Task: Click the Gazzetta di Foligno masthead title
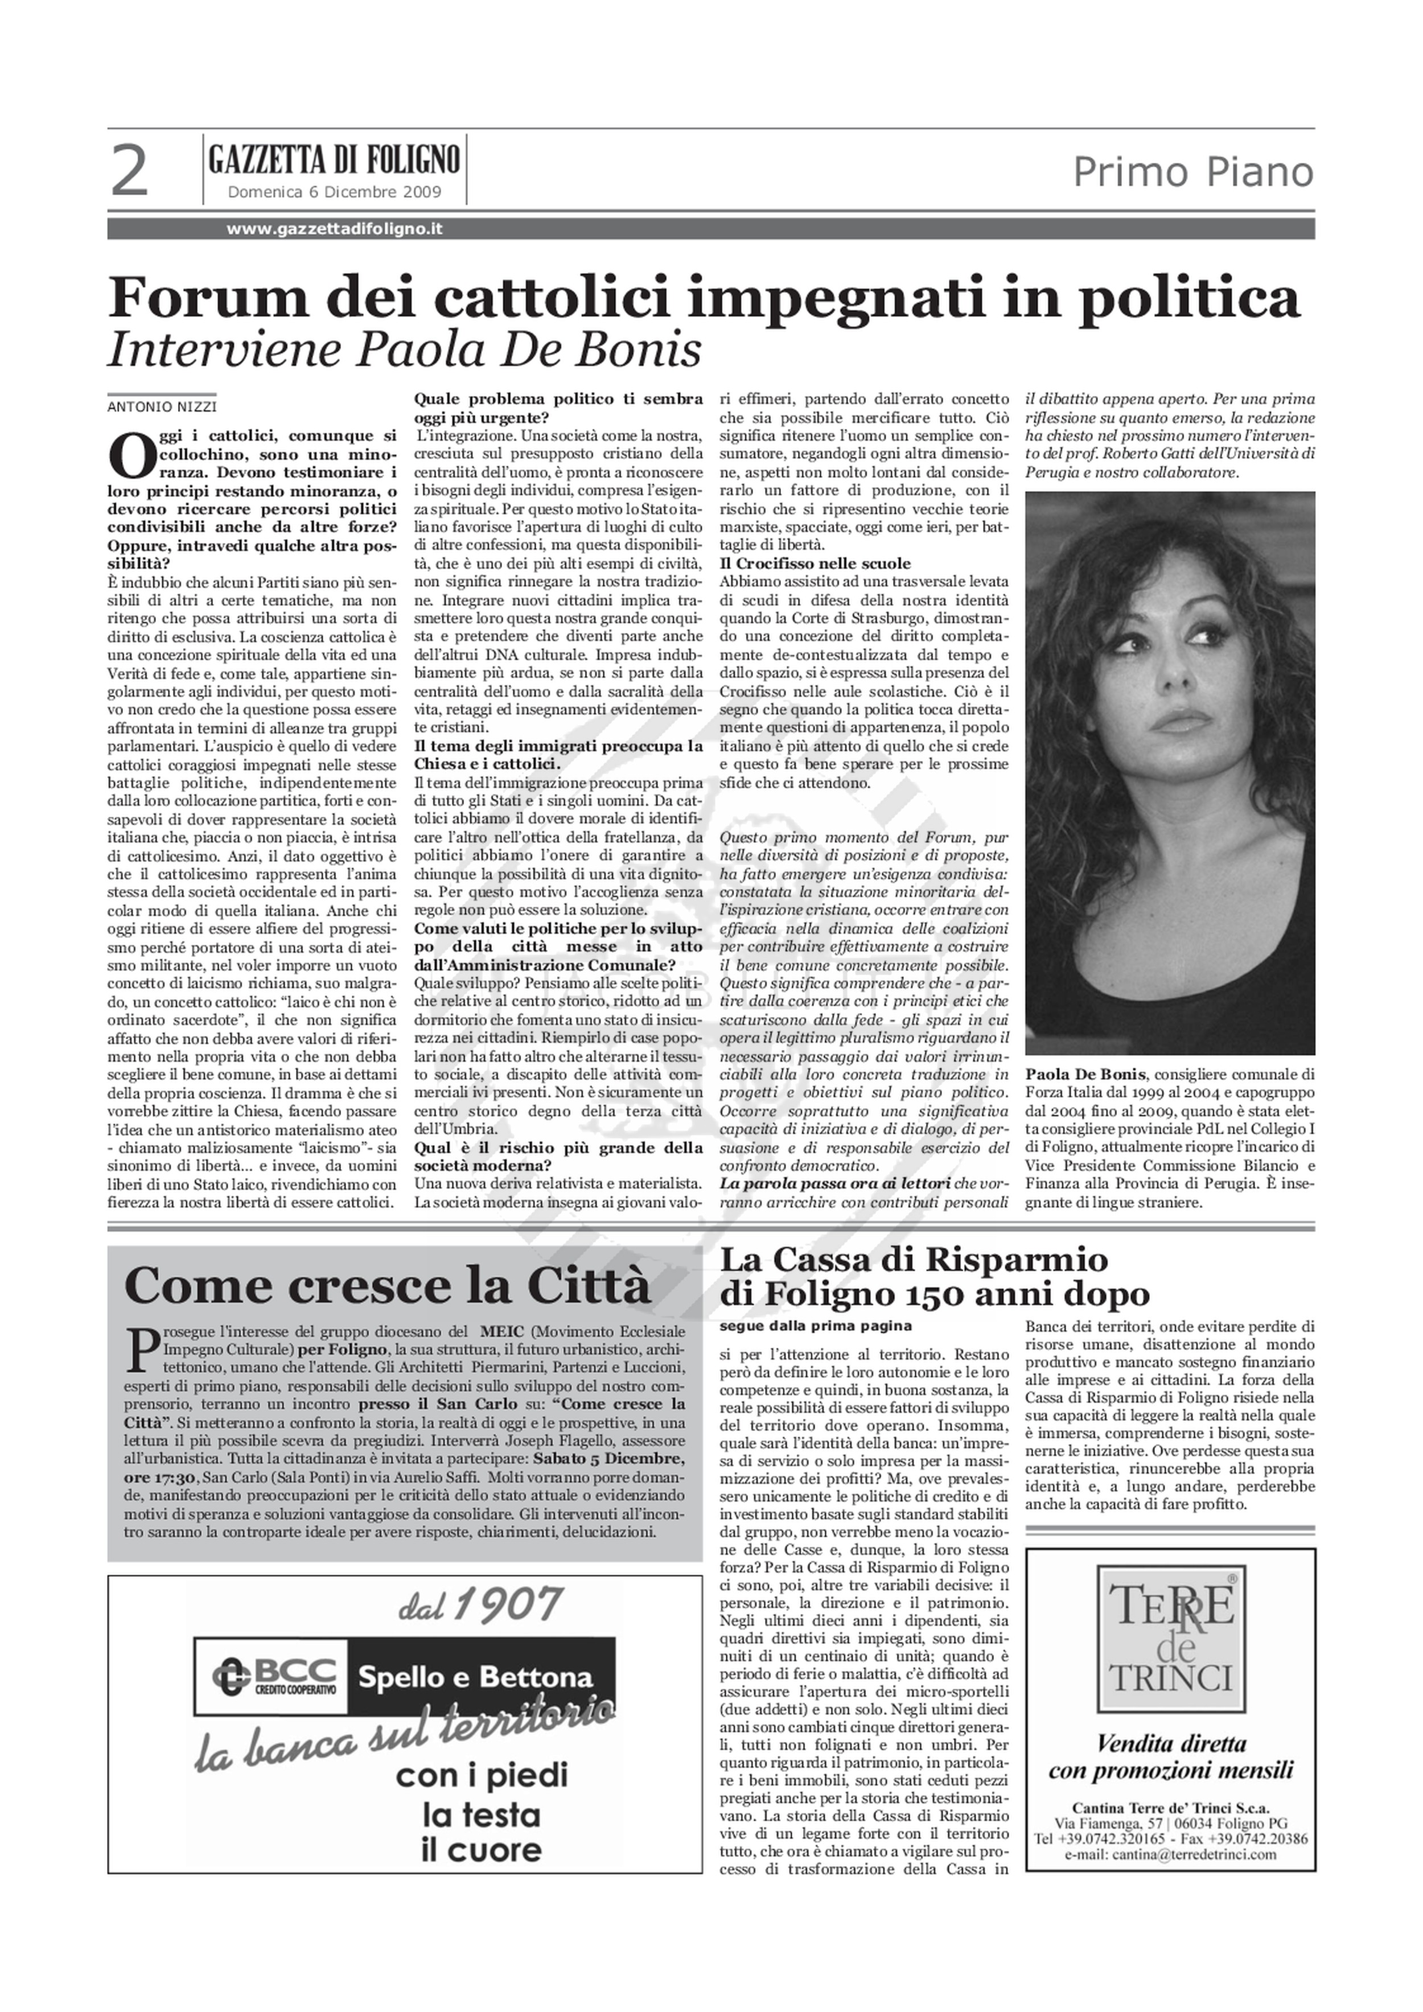point(334,161)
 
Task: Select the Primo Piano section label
point(1194,172)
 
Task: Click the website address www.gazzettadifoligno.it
point(334,229)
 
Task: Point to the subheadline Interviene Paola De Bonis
point(404,349)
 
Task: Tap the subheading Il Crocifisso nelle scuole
point(815,563)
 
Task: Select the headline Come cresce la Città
point(388,1286)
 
